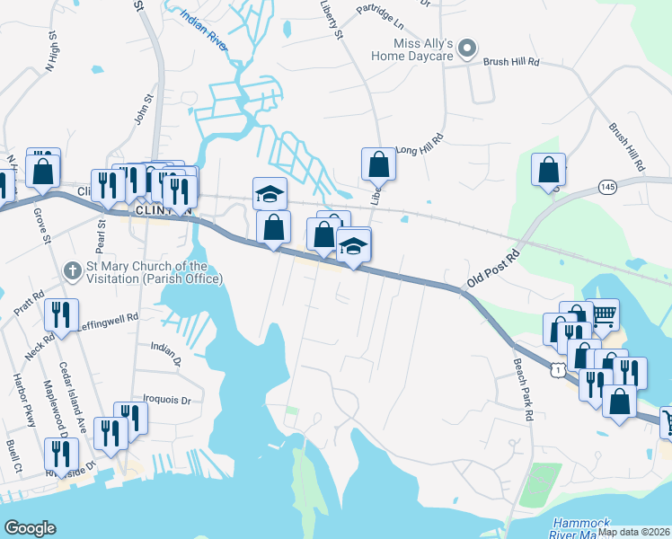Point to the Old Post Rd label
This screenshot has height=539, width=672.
click(x=493, y=269)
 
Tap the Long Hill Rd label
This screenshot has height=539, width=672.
click(x=420, y=146)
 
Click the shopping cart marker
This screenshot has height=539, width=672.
click(x=605, y=314)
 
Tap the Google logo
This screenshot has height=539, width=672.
click(x=31, y=528)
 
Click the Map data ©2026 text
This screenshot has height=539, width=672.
click(x=634, y=532)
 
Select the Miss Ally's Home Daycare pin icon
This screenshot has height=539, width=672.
click(x=466, y=48)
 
